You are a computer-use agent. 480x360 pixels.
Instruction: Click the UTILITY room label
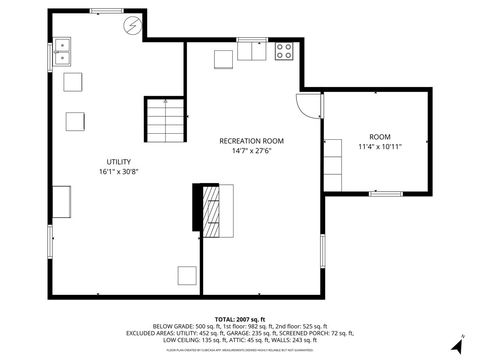point(119,161)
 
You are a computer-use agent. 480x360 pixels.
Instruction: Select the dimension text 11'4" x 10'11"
point(380,146)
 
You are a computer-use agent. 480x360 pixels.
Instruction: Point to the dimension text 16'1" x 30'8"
point(119,172)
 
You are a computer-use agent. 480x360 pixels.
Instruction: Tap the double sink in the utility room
point(63,50)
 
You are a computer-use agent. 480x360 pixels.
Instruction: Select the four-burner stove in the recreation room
point(284,52)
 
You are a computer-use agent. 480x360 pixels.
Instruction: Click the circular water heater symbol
point(132,27)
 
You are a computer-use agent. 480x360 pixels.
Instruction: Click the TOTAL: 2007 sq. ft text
point(240,318)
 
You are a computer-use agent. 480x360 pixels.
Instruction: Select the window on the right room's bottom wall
point(385,192)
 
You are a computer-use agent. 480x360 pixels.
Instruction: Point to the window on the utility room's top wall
point(103,13)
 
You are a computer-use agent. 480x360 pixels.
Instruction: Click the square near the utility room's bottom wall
point(186,276)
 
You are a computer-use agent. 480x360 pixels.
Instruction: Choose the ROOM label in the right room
point(380,136)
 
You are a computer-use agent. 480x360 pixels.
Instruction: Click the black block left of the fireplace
point(197,208)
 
